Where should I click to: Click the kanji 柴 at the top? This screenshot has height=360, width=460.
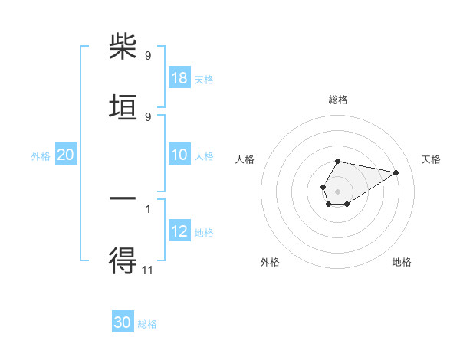coord(123,47)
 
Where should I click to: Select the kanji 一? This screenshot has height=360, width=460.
coord(123,199)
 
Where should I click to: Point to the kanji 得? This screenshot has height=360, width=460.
coord(123,260)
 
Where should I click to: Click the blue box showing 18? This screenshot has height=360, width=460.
coord(179,79)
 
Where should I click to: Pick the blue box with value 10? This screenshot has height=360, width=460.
coord(179,155)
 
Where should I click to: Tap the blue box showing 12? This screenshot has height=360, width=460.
coord(179,232)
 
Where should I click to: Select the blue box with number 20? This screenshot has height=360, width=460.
coord(65,155)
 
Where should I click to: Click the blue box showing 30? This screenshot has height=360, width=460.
coord(123,322)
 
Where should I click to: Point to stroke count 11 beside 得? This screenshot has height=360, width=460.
coord(148,270)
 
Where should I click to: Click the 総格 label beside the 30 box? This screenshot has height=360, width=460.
coord(147,324)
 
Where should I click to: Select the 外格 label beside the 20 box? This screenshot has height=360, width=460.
coord(41,156)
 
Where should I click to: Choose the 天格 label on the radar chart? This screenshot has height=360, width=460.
coord(431,159)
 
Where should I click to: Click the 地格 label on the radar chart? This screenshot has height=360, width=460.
coord(402,262)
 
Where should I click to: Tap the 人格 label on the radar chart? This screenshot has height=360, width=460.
coord(245,159)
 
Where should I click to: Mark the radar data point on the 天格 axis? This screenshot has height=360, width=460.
coord(396,172)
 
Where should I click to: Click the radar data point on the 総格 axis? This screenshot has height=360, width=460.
coord(338,162)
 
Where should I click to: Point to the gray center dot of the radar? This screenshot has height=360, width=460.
coord(337,190)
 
